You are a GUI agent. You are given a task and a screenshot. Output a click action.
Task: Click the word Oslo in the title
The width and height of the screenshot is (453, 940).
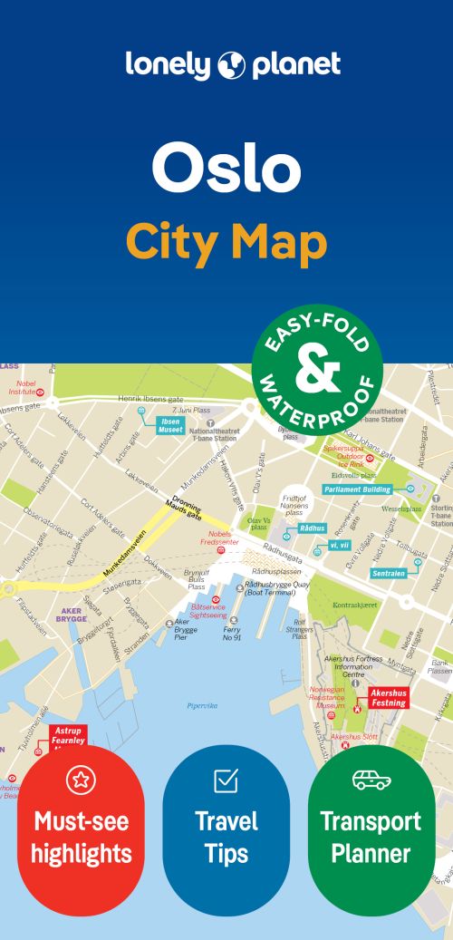(x=226, y=168)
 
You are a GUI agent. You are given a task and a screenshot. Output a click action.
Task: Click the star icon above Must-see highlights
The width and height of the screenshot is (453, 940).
(x=81, y=779)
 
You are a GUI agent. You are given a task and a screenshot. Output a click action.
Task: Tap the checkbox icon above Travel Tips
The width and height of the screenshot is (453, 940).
(x=226, y=780)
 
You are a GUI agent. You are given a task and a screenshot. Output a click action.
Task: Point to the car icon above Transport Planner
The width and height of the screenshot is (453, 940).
(x=371, y=779)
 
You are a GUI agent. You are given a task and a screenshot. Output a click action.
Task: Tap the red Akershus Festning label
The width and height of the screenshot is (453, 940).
(x=388, y=697)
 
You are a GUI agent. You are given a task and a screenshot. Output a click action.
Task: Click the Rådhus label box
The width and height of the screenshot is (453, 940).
(x=312, y=528)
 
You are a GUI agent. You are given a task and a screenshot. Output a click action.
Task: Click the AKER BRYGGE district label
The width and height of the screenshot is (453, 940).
(x=72, y=615)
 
